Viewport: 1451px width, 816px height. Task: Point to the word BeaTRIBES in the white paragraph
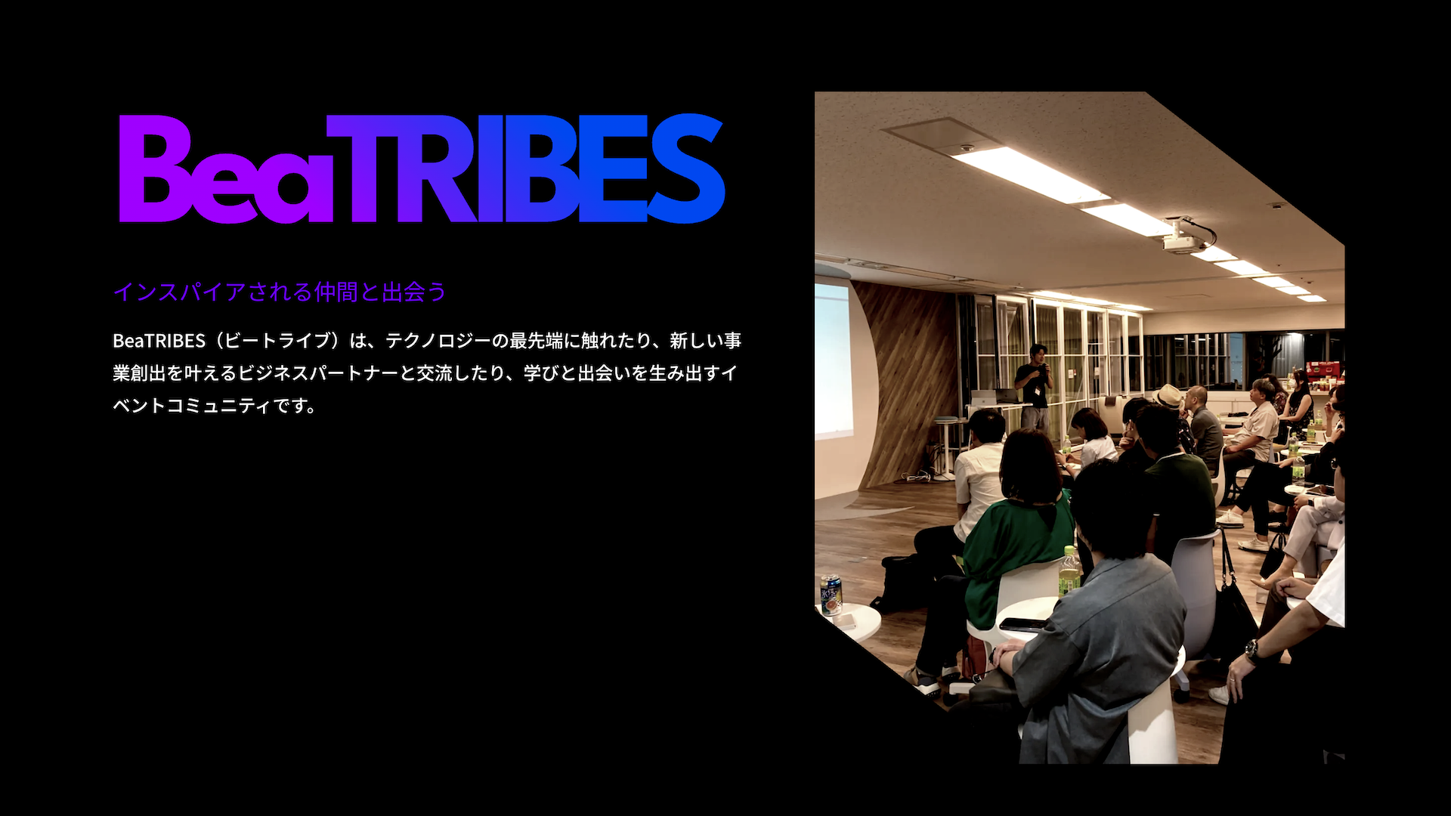coord(159,341)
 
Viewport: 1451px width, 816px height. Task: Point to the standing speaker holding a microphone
coord(1034,385)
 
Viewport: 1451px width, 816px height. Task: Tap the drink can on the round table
coord(831,595)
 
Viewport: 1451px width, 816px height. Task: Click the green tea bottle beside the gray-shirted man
coord(1069,572)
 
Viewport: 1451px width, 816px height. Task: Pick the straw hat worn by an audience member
coord(1169,395)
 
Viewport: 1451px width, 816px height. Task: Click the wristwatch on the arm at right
coord(1251,649)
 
